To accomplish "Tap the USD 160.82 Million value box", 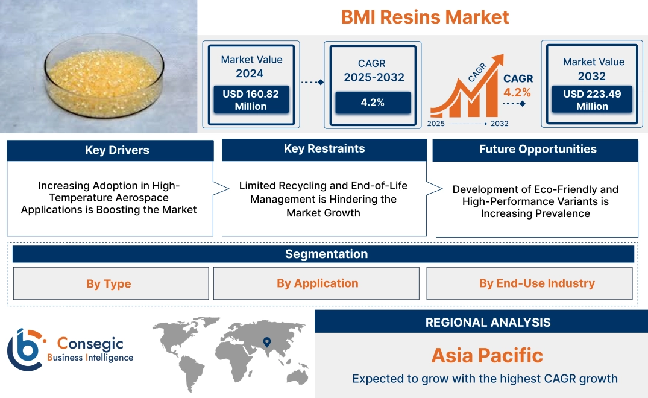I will click(250, 100).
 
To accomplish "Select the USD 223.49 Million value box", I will click(592, 100).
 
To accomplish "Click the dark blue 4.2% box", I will click(373, 103).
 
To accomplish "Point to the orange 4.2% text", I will click(517, 92).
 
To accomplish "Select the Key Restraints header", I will click(324, 149).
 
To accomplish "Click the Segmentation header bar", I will click(326, 254).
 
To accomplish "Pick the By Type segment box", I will click(109, 283).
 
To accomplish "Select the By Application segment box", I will click(317, 283).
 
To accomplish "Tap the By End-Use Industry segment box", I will click(536, 283).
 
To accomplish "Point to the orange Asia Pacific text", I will click(487, 355).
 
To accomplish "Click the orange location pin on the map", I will click(266, 343).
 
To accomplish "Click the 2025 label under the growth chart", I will click(436, 124).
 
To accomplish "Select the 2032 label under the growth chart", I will click(499, 124).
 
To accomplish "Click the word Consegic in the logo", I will click(90, 344).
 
